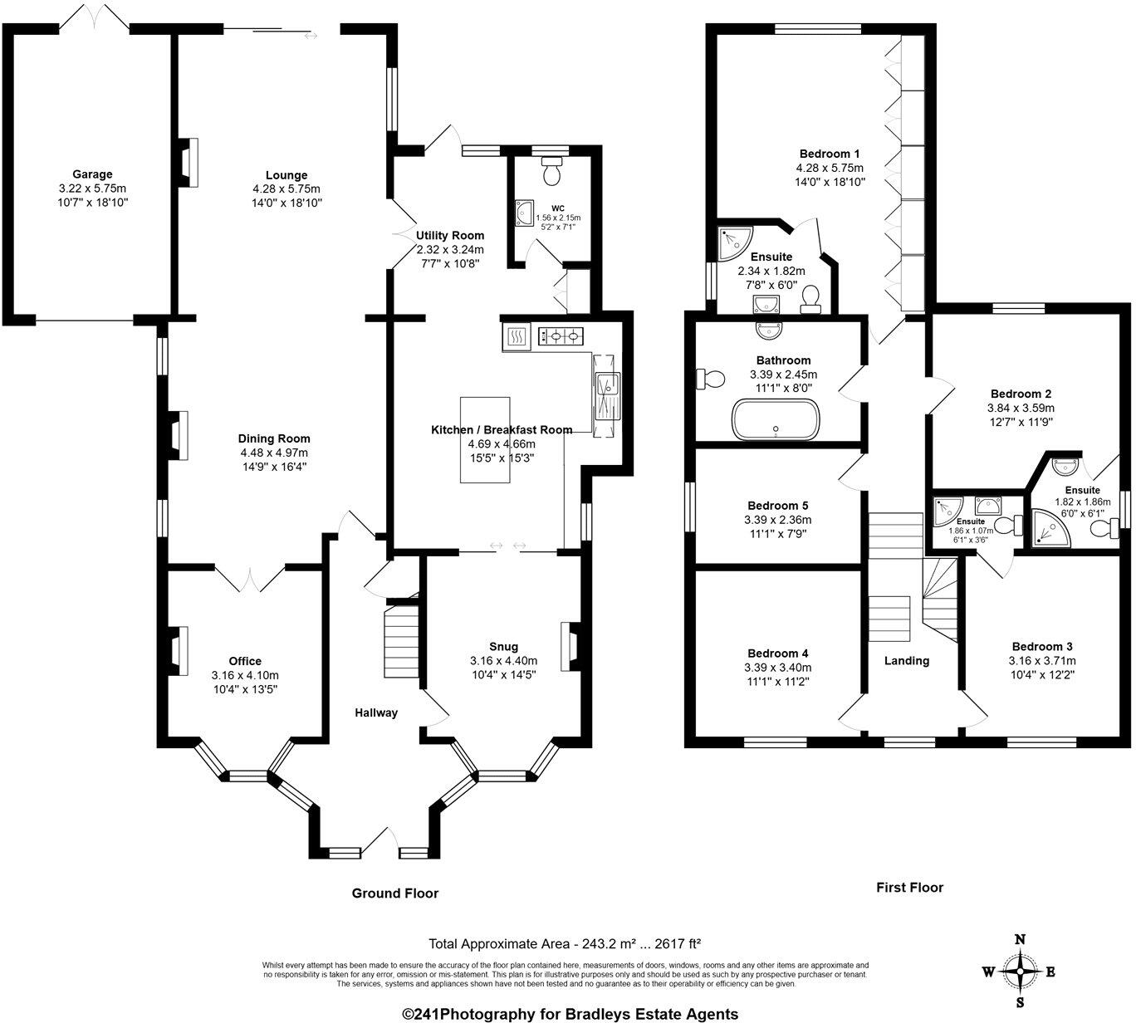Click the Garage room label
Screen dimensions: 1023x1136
92,174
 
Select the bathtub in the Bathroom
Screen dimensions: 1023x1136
776,419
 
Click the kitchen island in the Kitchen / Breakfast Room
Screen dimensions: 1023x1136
485,438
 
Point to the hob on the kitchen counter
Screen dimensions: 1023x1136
561,336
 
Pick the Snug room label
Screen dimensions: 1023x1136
503,647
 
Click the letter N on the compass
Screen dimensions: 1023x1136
1021,940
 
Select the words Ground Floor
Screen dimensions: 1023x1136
394,893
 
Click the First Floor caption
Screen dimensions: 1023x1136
909,888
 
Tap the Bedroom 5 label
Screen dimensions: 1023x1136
777,506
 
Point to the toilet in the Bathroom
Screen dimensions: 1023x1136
712,379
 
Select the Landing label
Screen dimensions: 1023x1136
906,661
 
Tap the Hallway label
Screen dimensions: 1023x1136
376,712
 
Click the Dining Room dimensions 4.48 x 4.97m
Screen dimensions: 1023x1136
274,453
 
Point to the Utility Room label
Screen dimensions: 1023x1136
450,235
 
